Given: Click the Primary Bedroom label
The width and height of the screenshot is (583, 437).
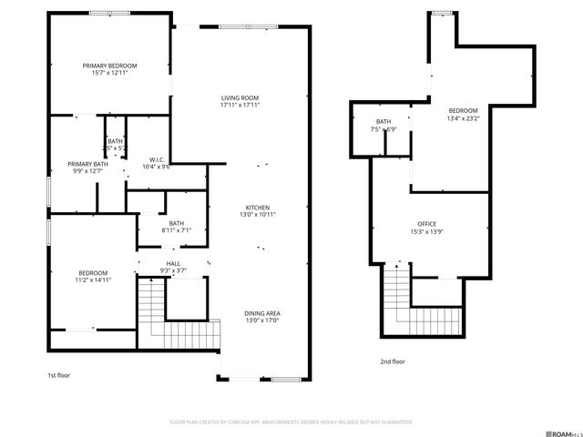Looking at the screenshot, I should tap(109, 66).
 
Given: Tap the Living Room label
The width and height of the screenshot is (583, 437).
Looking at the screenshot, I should tap(240, 97).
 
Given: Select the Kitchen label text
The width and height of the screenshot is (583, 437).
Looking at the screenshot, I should tap(258, 207).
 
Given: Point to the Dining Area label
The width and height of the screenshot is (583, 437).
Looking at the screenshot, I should tap(261, 313).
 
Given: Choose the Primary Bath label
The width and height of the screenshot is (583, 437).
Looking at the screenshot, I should tap(86, 163).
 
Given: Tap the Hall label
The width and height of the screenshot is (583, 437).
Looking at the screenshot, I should tap(173, 263).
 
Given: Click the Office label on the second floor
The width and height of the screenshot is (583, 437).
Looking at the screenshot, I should tap(426, 224).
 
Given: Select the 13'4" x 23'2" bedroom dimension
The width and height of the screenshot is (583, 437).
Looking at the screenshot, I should tap(463, 118).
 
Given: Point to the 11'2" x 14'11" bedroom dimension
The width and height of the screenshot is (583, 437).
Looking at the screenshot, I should tap(93, 280).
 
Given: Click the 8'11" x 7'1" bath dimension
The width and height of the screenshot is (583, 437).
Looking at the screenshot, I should tap(176, 230).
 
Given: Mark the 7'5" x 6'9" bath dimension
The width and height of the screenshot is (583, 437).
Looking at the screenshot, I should tap(384, 129).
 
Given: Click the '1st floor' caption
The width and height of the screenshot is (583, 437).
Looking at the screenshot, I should tap(59, 375).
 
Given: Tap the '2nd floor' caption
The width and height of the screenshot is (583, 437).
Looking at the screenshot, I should tap(393, 361).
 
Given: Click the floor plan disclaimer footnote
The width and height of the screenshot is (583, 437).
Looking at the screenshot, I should tap(291, 422).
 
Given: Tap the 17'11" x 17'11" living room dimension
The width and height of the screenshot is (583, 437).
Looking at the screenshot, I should tap(240, 106).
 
